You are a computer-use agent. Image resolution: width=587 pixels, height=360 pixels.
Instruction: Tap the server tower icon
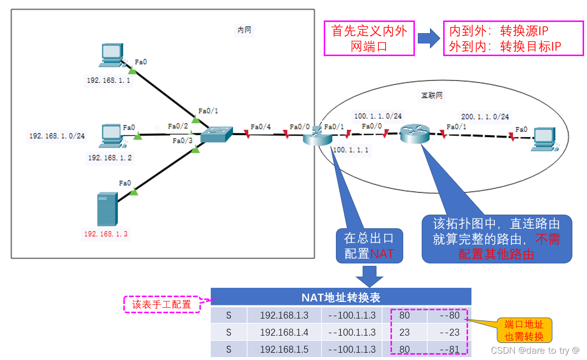pos(107,209)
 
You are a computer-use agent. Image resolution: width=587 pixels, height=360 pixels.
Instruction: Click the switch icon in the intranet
pos(217,134)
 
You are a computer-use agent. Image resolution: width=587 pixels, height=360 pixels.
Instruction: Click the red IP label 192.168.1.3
pos(106,235)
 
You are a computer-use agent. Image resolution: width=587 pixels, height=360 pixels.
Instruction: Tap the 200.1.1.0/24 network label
pos(485,117)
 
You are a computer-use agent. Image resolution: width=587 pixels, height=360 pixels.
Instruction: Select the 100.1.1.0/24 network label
pos(378,116)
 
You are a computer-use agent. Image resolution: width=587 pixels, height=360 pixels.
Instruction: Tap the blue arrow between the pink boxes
pos(429,39)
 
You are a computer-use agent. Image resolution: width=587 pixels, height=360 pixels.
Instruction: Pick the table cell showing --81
pos(449,349)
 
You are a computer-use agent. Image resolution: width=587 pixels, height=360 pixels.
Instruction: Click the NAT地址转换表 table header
pos(341,297)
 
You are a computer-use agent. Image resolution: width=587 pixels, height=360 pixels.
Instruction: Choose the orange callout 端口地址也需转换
pos(524,330)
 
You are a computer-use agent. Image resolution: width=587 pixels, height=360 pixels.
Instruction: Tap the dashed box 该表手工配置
pos(162,304)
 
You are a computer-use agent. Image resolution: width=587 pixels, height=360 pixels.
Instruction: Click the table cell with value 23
pos(404,332)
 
